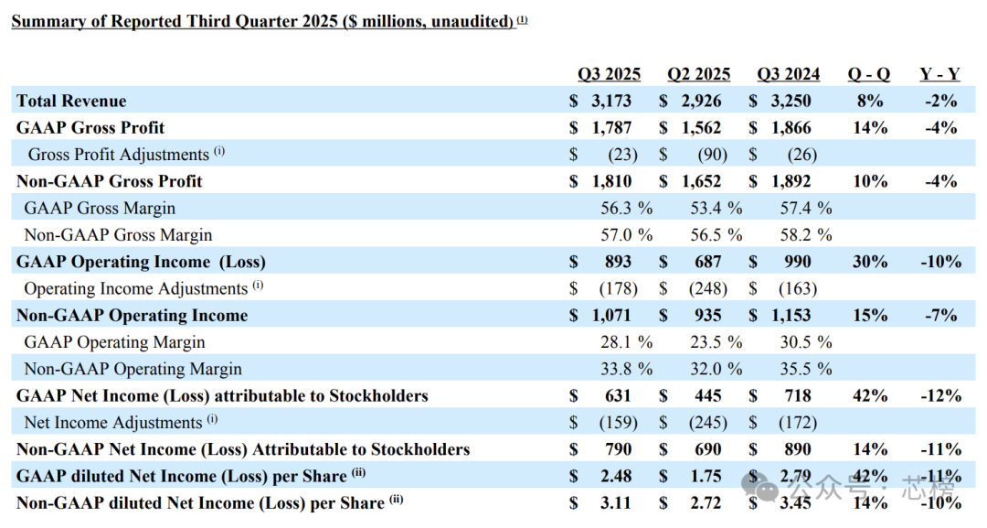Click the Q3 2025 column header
coord(609,74)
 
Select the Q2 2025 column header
coord(699,74)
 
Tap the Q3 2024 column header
coord(788,74)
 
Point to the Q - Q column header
coord(869,74)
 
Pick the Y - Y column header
coord(939,74)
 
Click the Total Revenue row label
coord(71,101)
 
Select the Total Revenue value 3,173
coord(611,101)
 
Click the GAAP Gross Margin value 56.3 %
coord(626,208)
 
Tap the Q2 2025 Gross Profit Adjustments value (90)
coord(713,155)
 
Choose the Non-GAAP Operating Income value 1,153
coord(791,315)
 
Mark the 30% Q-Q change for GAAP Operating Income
coord(870,262)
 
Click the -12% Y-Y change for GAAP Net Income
coord(941,395)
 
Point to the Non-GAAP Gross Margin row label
coord(118,235)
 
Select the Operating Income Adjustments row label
coord(136,288)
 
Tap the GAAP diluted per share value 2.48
coord(616,476)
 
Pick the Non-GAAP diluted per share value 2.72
coord(706,502)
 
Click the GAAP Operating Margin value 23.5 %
coord(716,342)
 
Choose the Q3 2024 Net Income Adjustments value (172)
coord(798,422)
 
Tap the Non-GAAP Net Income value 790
coord(618,449)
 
